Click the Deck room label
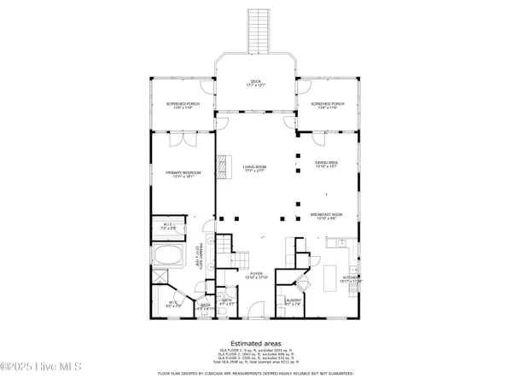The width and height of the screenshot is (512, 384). point(255,83)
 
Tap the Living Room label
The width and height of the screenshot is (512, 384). point(255,168)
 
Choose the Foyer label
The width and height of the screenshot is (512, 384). point(257,276)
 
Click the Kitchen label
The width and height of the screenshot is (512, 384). point(352,279)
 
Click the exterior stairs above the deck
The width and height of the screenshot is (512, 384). point(256,30)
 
